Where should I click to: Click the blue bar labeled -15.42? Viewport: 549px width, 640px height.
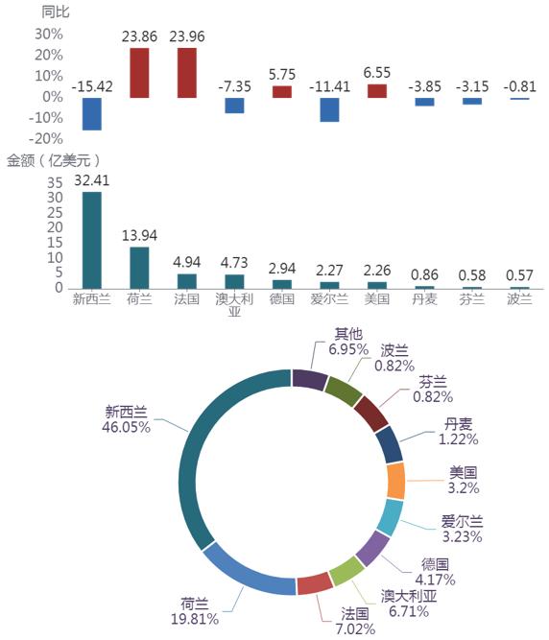point(92,114)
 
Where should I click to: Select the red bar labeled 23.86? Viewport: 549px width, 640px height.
point(139,73)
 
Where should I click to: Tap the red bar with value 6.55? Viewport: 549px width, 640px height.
point(377,91)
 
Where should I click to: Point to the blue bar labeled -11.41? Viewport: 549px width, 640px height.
point(329,109)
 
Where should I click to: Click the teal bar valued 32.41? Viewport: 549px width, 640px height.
point(92,241)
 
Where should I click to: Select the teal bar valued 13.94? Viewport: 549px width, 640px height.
point(139,268)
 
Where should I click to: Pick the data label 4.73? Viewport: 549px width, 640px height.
point(234,263)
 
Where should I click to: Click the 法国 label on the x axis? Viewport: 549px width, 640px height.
point(186,299)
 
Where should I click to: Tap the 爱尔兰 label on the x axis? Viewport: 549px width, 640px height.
point(329,299)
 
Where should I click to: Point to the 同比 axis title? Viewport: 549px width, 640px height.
point(56,12)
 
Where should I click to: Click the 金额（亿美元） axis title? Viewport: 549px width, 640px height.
point(54,160)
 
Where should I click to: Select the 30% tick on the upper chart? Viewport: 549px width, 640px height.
point(49,34)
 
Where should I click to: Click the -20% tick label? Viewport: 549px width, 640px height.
point(46,139)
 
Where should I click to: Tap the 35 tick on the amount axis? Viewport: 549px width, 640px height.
point(55,183)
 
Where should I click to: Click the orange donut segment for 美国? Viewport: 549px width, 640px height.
point(395,481)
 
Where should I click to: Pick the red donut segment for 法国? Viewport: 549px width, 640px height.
point(314,583)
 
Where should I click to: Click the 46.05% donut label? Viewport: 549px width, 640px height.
point(126,427)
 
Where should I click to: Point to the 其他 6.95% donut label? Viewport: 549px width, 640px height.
point(348,342)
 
